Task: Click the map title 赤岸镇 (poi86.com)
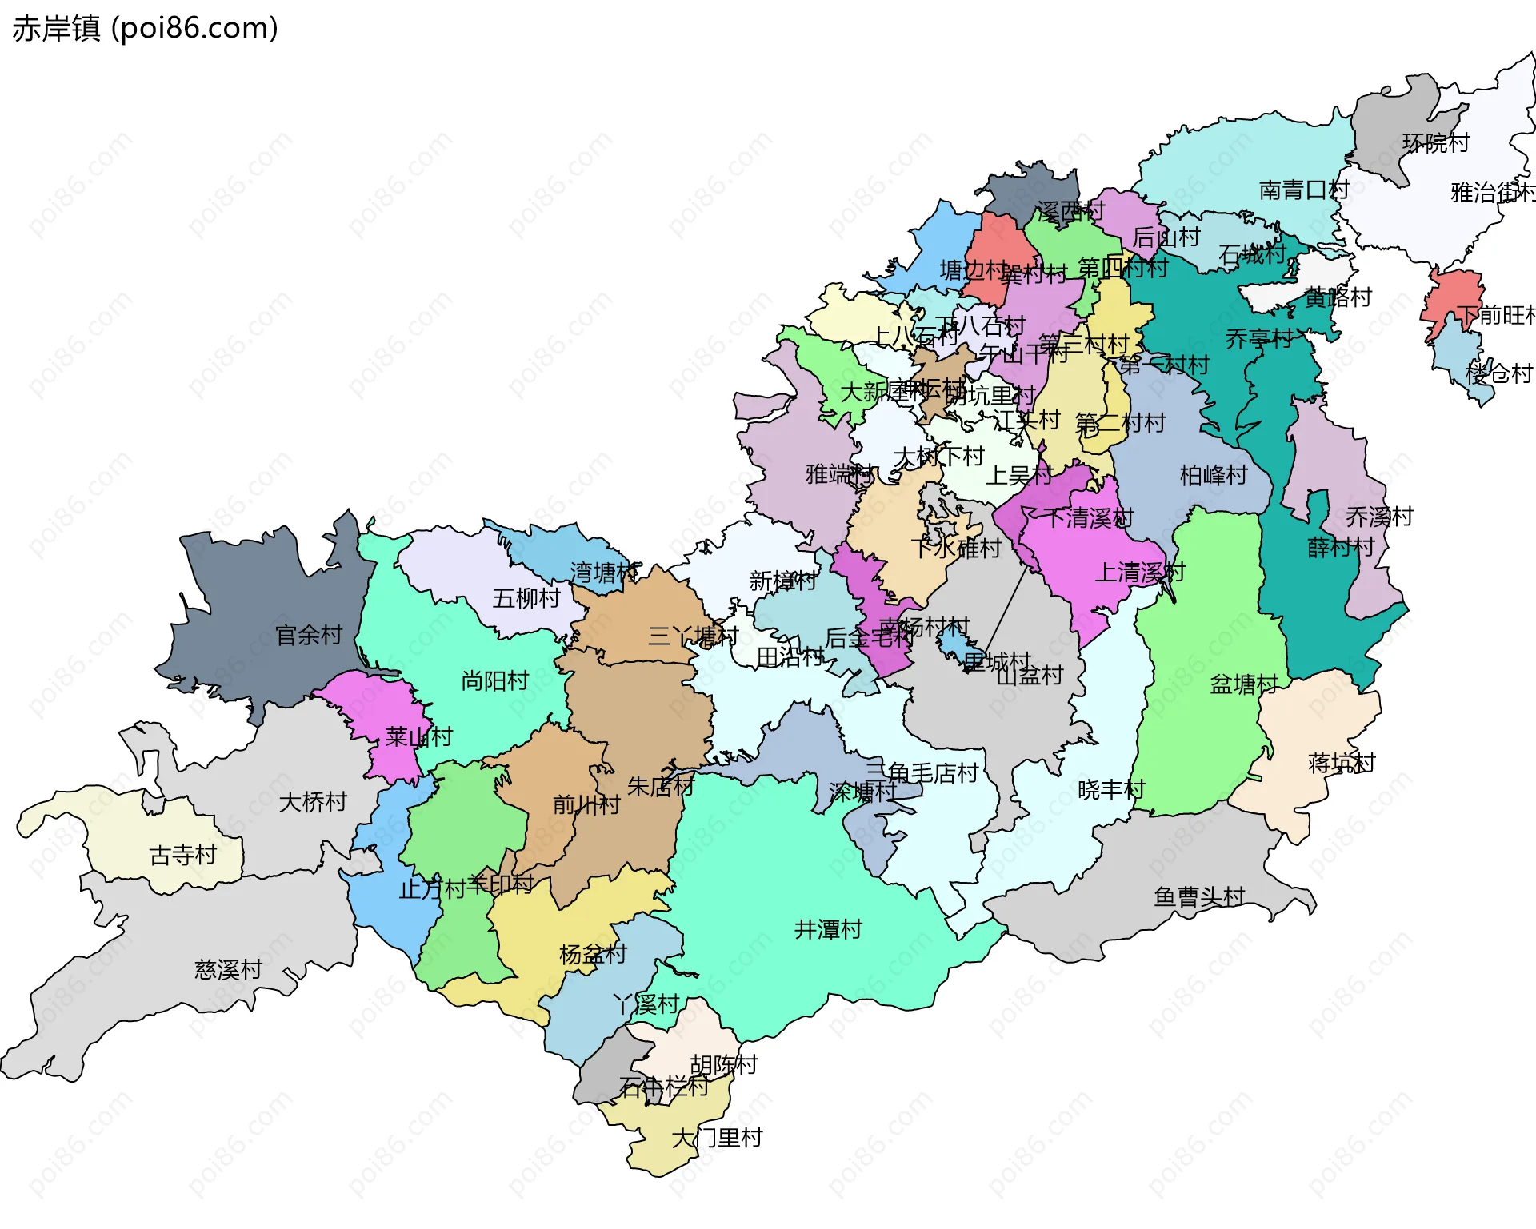[145, 28]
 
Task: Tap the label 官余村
[309, 636]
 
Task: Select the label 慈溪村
[229, 970]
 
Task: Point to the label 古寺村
[183, 856]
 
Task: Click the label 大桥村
[313, 802]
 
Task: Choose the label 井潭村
[828, 930]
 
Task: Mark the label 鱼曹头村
[1199, 897]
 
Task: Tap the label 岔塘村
[1243, 684]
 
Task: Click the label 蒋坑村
[1342, 764]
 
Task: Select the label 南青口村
[1304, 190]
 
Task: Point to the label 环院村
[1436, 143]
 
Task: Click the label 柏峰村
[1214, 476]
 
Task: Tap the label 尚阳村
[495, 681]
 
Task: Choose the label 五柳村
[526, 598]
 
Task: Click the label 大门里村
[717, 1138]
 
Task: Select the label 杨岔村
[593, 955]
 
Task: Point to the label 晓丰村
[1111, 790]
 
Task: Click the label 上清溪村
[1139, 573]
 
